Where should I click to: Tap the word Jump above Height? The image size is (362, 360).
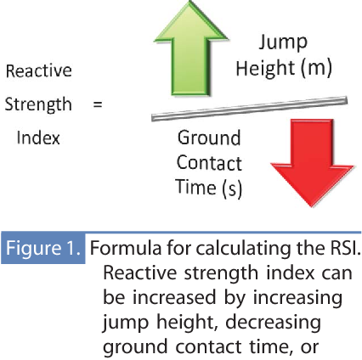coord(285,42)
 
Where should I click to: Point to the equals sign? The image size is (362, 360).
coord(96,104)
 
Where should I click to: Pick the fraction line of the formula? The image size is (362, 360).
coord(247,107)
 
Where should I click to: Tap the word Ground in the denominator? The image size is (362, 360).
coord(209,138)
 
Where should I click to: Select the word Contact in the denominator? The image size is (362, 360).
coord(209,162)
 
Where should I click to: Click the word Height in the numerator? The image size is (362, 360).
coord(264,69)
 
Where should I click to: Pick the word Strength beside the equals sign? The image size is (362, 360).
coord(37,104)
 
